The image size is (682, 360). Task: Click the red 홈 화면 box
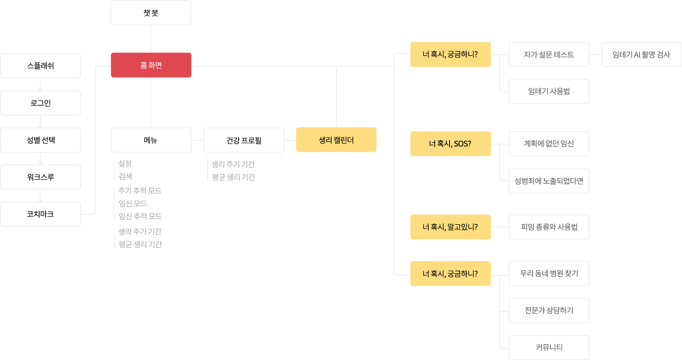click(x=151, y=65)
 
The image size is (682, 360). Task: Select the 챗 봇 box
click(x=151, y=13)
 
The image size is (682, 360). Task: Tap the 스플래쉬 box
click(x=40, y=66)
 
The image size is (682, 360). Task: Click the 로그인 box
click(x=40, y=103)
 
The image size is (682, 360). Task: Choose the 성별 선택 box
click(x=40, y=140)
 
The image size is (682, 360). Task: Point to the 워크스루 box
click(x=40, y=177)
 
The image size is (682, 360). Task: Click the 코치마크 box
click(x=40, y=214)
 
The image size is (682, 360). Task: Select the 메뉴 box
click(x=151, y=140)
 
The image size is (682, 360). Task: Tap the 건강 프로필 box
click(x=244, y=140)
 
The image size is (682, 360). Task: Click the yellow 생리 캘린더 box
click(x=336, y=140)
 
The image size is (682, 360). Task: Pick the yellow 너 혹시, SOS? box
click(x=450, y=144)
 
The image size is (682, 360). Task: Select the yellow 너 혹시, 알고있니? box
click(x=450, y=227)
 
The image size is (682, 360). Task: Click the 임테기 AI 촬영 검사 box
click(x=642, y=54)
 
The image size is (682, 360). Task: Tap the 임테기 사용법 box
click(x=549, y=91)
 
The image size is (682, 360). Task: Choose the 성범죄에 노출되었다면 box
click(x=549, y=181)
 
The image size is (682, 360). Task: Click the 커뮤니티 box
click(x=549, y=348)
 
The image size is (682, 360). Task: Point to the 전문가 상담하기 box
click(x=549, y=310)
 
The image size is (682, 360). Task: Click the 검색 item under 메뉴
click(x=125, y=176)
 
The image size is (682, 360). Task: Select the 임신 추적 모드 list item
click(x=140, y=216)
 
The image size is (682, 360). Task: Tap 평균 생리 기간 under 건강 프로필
click(x=233, y=177)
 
